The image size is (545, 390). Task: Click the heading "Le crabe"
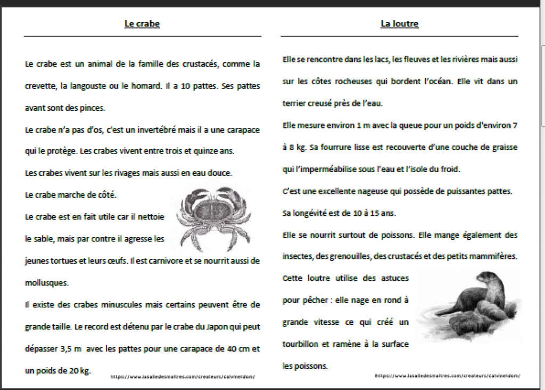(x=142, y=24)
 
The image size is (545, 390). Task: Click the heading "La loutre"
(x=399, y=24)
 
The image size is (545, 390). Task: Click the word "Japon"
(x=216, y=327)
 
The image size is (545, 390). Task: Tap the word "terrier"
(x=295, y=103)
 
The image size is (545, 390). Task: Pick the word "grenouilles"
(x=345, y=256)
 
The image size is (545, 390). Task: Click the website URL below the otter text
(x=447, y=376)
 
